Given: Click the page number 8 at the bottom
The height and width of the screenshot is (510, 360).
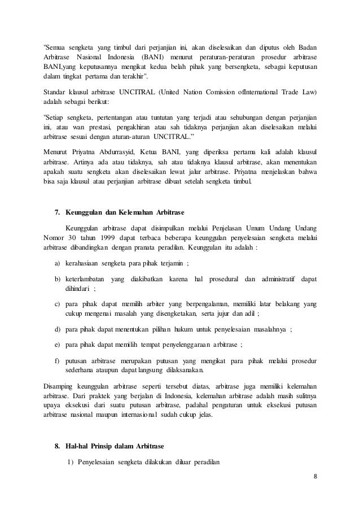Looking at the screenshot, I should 315,475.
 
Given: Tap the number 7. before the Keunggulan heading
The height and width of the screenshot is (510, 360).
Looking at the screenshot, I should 57,213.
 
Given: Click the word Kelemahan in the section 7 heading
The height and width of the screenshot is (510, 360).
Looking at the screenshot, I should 134,213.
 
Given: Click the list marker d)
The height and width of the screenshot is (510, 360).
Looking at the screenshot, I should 58,329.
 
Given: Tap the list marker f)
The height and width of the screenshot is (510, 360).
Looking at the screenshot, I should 58,360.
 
